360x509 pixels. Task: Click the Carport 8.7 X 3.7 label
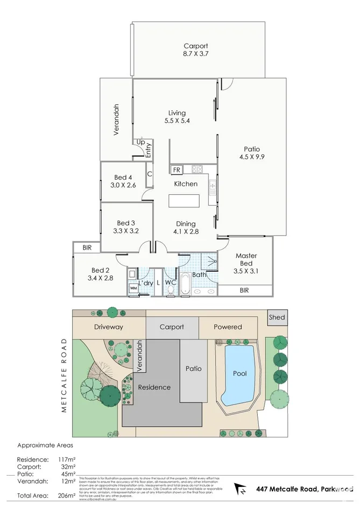[195, 50]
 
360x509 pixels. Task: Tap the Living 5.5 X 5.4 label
[177, 117]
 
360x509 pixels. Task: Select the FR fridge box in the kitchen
[176, 170]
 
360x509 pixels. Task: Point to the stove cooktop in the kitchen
[197, 169]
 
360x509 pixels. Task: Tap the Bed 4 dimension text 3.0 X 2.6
[123, 186]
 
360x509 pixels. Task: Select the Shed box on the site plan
[277, 317]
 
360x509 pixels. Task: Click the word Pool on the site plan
[239, 373]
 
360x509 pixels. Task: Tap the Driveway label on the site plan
[108, 327]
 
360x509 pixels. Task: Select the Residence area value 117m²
[66, 459]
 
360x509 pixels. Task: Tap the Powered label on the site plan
[228, 327]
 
